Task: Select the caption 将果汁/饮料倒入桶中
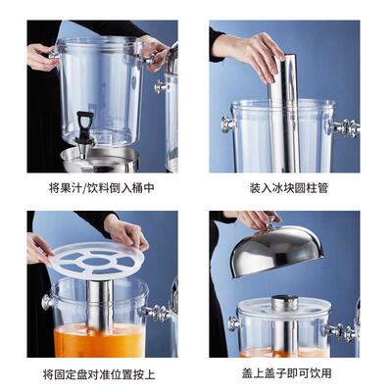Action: [102, 186]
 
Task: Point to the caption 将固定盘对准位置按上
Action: [102, 374]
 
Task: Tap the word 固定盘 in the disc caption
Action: [74, 374]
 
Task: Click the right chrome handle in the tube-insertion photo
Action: [345, 127]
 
